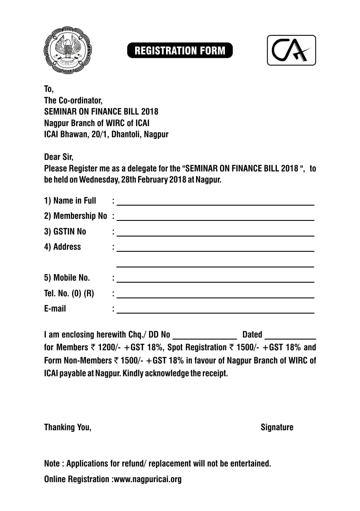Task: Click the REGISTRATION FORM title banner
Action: point(180,51)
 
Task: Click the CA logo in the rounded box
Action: point(291,50)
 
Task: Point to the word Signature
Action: point(277,427)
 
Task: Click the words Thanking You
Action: point(68,427)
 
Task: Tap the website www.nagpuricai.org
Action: point(147,479)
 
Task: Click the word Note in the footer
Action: point(52,464)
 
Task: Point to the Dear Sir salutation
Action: point(58,157)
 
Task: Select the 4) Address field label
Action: point(63,247)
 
